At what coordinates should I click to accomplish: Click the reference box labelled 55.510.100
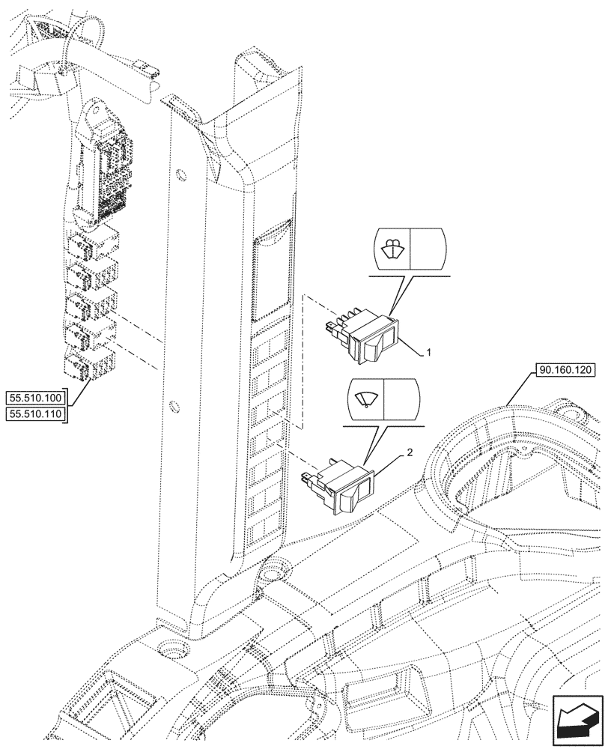click(36, 397)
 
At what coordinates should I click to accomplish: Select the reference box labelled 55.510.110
click(36, 413)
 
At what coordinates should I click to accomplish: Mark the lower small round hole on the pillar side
click(174, 408)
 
